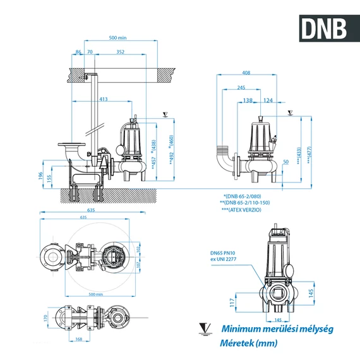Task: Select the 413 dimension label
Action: click(x=103, y=99)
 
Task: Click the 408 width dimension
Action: click(x=246, y=73)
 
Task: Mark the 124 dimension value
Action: click(x=268, y=100)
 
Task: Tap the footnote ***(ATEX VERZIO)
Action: click(x=247, y=208)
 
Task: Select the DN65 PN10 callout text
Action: click(x=224, y=253)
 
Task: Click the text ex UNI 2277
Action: click(x=225, y=260)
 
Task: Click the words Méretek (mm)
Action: click(x=248, y=344)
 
